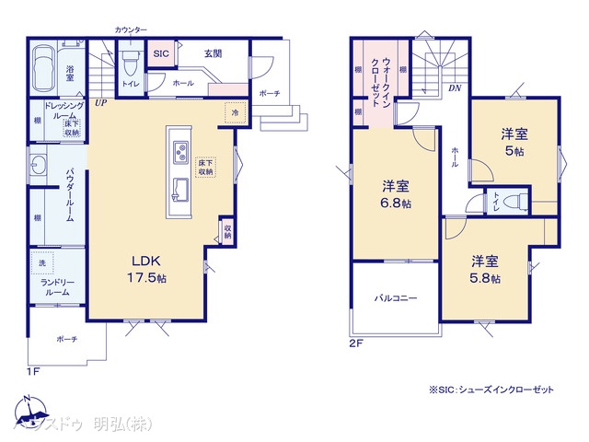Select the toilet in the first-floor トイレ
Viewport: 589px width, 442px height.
point(130,64)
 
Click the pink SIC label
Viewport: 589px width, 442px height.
point(158,53)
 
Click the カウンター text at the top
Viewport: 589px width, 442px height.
point(131,30)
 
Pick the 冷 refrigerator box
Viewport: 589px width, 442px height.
point(236,112)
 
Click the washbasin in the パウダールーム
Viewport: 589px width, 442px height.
point(39,166)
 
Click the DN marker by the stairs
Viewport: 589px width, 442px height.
point(455,87)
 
